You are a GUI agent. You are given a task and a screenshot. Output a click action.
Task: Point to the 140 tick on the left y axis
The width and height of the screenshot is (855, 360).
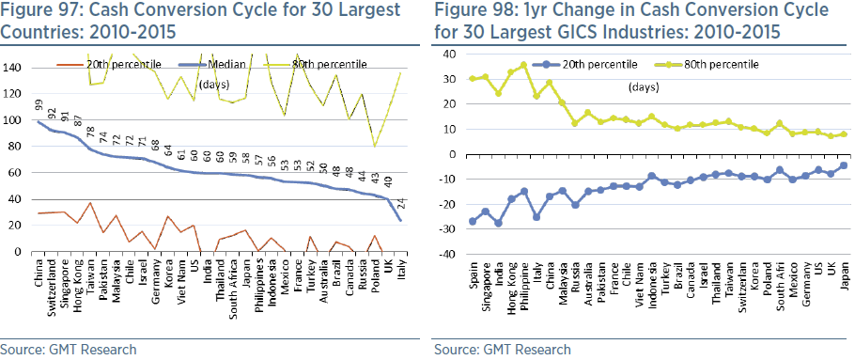point(17,69)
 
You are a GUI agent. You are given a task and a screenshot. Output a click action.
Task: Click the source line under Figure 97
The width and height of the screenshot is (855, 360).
point(70,349)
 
